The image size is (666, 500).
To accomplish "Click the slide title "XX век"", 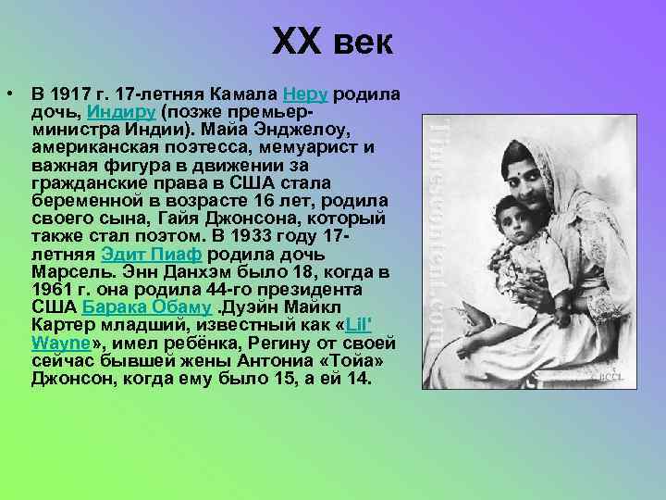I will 333,44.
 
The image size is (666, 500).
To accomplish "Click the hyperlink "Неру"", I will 307,94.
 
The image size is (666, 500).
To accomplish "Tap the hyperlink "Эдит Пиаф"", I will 154,256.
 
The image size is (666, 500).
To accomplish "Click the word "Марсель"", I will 66,273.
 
